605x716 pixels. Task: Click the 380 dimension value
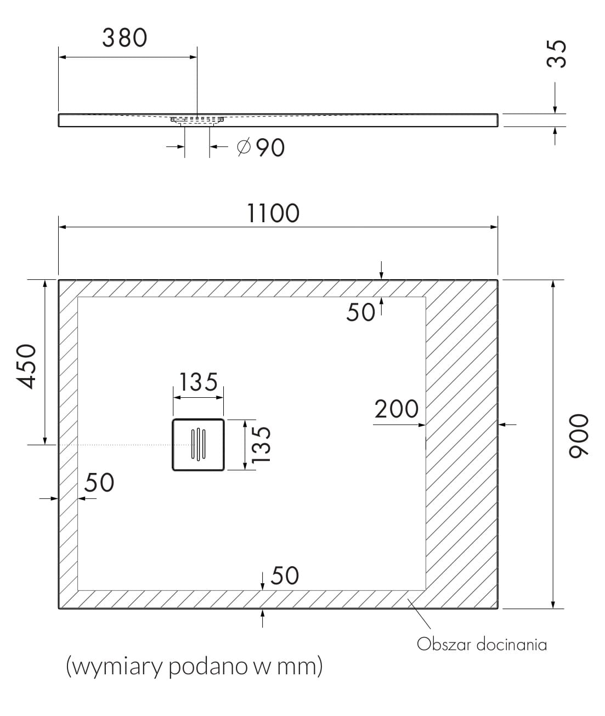pyautogui.click(x=125, y=38)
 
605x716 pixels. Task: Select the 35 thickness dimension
pyautogui.click(x=557, y=54)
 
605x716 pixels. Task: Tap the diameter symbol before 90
pyautogui.click(x=244, y=147)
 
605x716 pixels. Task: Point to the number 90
pyautogui.click(x=270, y=148)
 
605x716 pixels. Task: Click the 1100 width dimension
pyautogui.click(x=273, y=213)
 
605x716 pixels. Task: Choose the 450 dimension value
pyautogui.click(x=26, y=366)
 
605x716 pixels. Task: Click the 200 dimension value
pyautogui.click(x=397, y=409)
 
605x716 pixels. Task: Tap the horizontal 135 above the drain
pyautogui.click(x=199, y=382)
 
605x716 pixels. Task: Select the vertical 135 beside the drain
pyautogui.click(x=261, y=445)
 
